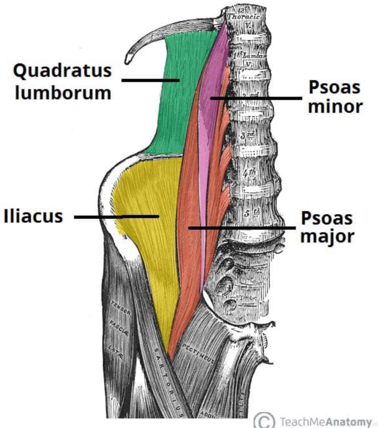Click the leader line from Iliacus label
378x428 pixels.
pyautogui.click(x=116, y=217)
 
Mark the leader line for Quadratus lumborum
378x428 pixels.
pyautogui.click(x=150, y=80)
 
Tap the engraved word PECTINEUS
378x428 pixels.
pyautogui.click(x=198, y=353)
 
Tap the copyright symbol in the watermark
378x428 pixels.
pyautogui.click(x=264, y=420)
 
